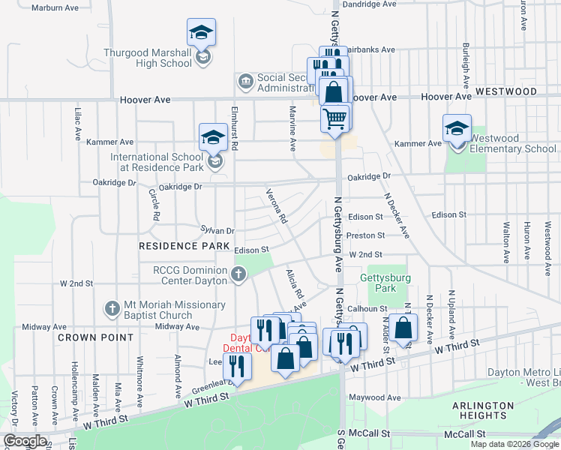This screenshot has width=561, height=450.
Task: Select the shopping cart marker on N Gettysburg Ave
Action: [x=335, y=118]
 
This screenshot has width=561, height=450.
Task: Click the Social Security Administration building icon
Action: [x=245, y=81]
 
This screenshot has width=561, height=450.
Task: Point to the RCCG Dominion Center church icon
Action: [x=238, y=274]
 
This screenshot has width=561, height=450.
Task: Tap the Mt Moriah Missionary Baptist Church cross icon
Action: [x=112, y=308]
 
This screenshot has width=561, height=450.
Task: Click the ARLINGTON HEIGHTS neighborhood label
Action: [x=483, y=410]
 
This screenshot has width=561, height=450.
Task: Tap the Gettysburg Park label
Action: [x=377, y=283]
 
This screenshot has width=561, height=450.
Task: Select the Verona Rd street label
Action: [x=277, y=208]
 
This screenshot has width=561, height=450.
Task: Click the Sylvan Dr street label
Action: [x=217, y=231]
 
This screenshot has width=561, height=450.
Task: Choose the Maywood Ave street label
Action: [x=373, y=397]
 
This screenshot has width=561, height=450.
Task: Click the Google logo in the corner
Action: [x=24, y=441]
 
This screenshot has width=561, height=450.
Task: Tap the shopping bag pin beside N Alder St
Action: [x=403, y=328]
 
